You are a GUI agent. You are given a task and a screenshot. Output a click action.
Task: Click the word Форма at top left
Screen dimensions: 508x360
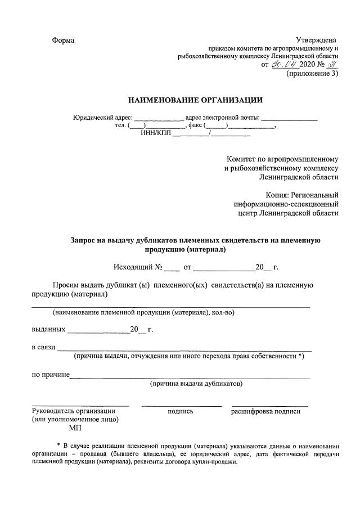pyautogui.click(x=63, y=41)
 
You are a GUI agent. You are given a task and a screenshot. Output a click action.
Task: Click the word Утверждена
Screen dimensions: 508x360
pyautogui.click(x=316, y=40)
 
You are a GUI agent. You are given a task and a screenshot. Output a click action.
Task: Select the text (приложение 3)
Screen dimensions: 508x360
pyautogui.click(x=313, y=74)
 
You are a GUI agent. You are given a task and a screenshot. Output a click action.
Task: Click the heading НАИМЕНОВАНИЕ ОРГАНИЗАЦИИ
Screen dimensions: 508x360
pyautogui.click(x=195, y=101)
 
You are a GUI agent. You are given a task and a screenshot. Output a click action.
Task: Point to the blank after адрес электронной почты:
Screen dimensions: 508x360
pyautogui.click(x=289, y=118)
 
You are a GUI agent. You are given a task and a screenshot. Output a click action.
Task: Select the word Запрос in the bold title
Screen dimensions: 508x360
pyautogui.click(x=85, y=240)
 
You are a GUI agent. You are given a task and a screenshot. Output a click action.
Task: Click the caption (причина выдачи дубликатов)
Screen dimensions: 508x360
pyautogui.click(x=196, y=384)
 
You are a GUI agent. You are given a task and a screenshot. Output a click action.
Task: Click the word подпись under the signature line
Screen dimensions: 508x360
pyautogui.click(x=181, y=411)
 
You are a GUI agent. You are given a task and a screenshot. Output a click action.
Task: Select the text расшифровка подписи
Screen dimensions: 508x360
pyautogui.click(x=265, y=411)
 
